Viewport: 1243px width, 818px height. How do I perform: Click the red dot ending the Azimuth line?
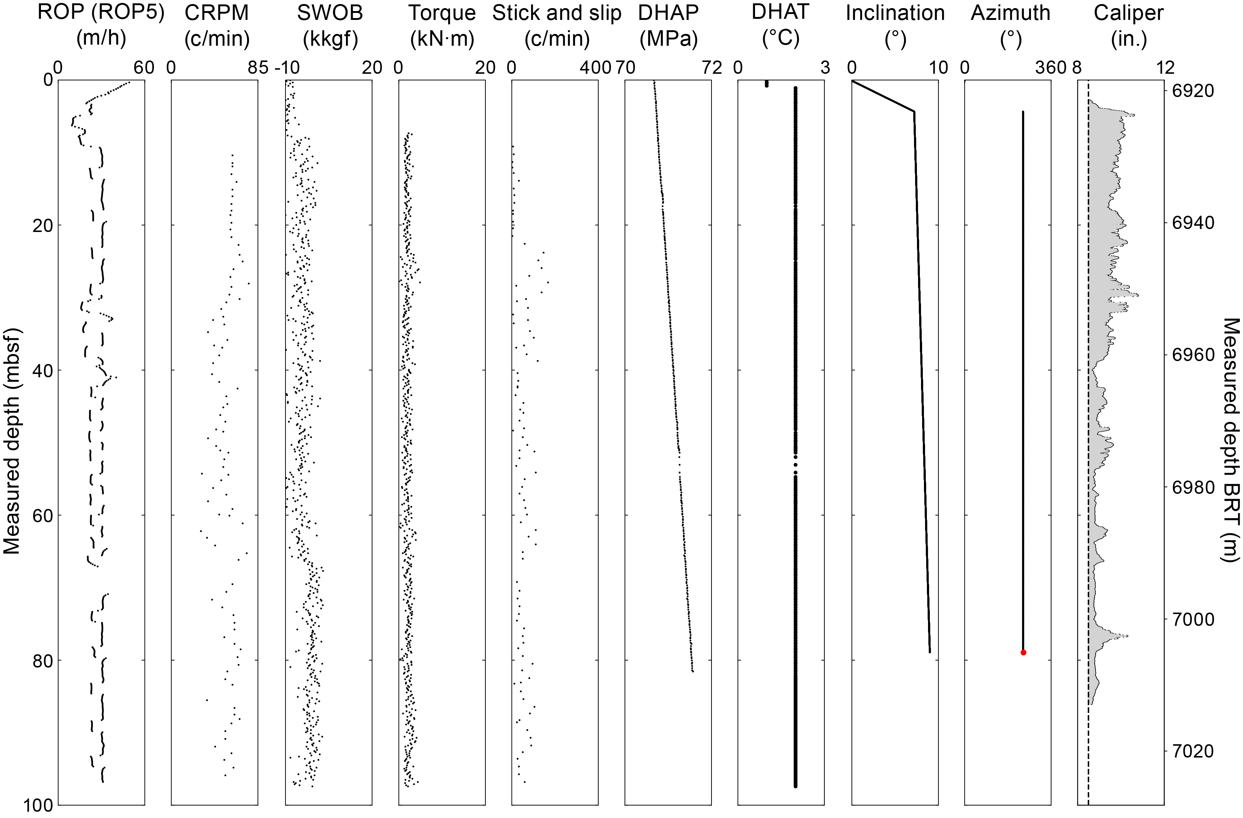coord(1023,652)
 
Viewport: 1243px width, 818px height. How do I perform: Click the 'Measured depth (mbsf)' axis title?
coord(11,441)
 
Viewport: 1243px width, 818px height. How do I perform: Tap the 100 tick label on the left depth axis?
coord(37,806)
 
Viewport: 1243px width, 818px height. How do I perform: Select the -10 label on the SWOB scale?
coord(287,68)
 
